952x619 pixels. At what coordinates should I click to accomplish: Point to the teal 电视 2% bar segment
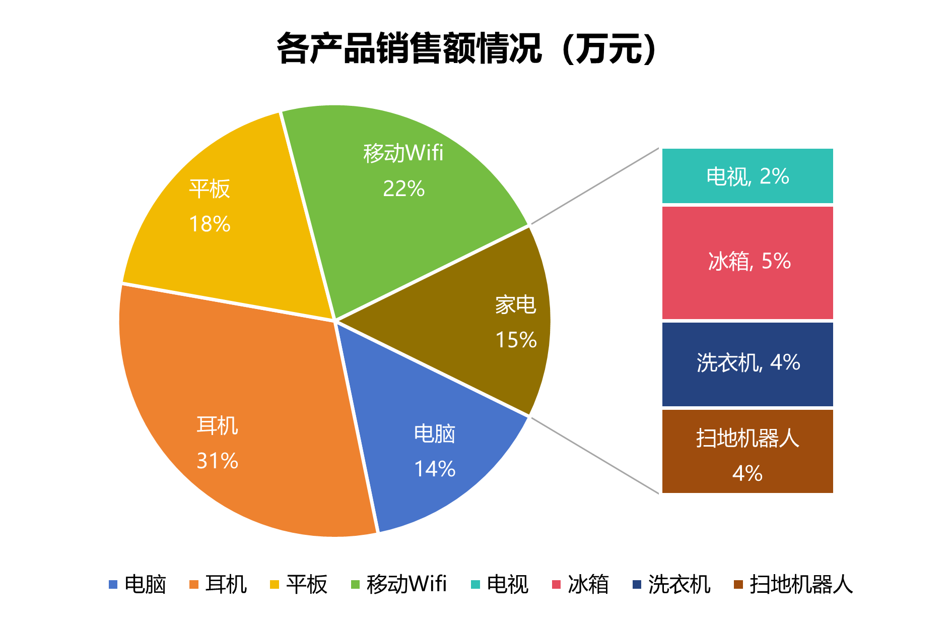[x=747, y=176]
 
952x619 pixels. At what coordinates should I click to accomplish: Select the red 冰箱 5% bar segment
[x=747, y=262]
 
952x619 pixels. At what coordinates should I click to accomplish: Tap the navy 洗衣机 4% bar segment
[x=747, y=363]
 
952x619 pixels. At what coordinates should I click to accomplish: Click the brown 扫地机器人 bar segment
[x=747, y=451]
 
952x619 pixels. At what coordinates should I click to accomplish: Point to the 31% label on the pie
[x=217, y=461]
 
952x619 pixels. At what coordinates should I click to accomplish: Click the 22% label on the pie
[x=403, y=189]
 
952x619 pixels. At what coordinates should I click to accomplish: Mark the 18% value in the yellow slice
[x=210, y=224]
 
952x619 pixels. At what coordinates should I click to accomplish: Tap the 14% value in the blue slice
[x=435, y=469]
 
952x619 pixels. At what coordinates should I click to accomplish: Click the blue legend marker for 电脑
[x=113, y=585]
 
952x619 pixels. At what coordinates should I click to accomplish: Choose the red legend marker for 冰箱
[x=556, y=585]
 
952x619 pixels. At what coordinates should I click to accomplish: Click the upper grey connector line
[x=594, y=187]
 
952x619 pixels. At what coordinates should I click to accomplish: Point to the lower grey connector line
[x=594, y=455]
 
